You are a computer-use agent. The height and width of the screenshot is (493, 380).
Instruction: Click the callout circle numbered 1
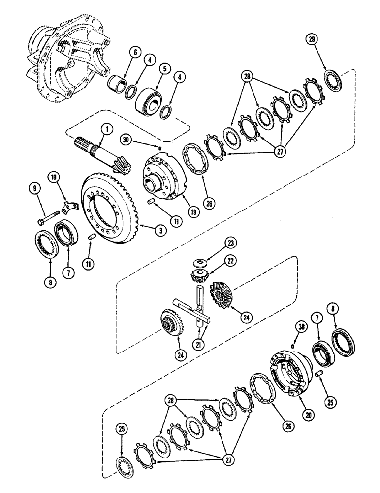(x=104, y=130)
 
